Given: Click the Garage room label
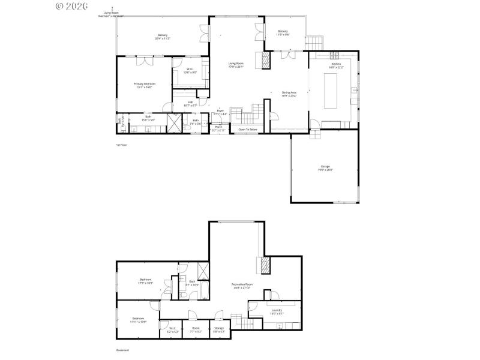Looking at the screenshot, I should (x=325, y=168).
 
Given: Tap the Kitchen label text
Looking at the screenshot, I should (x=336, y=65).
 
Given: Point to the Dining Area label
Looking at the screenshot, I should (x=289, y=94).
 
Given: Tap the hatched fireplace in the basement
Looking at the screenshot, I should (x=264, y=265).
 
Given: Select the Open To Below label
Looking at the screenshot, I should (x=248, y=130).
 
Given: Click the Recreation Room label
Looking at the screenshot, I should (x=242, y=285).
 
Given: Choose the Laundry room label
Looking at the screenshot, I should (x=276, y=311).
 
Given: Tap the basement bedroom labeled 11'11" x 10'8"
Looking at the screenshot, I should (x=138, y=320).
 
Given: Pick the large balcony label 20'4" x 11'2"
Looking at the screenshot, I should (x=162, y=37).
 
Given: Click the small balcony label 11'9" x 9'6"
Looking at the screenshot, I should (x=283, y=32).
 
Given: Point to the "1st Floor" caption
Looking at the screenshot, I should (x=121, y=145).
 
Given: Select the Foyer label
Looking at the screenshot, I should (x=220, y=112).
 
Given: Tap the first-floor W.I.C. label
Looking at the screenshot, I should (x=190, y=70).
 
